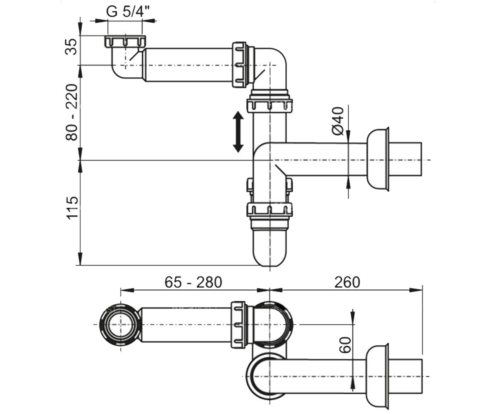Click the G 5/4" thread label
(x=128, y=12)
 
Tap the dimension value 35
(x=71, y=47)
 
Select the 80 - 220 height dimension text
(x=71, y=112)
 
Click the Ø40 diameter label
(x=338, y=121)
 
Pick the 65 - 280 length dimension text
(x=193, y=282)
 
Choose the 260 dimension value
(x=347, y=282)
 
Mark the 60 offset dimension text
(x=345, y=345)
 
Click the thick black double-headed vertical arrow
(x=238, y=132)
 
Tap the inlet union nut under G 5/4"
(x=125, y=41)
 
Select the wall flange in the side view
(x=378, y=159)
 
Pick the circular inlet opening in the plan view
(x=121, y=325)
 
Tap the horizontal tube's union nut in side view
(x=239, y=65)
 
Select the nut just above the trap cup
(x=269, y=209)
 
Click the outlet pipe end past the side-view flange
(x=405, y=159)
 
